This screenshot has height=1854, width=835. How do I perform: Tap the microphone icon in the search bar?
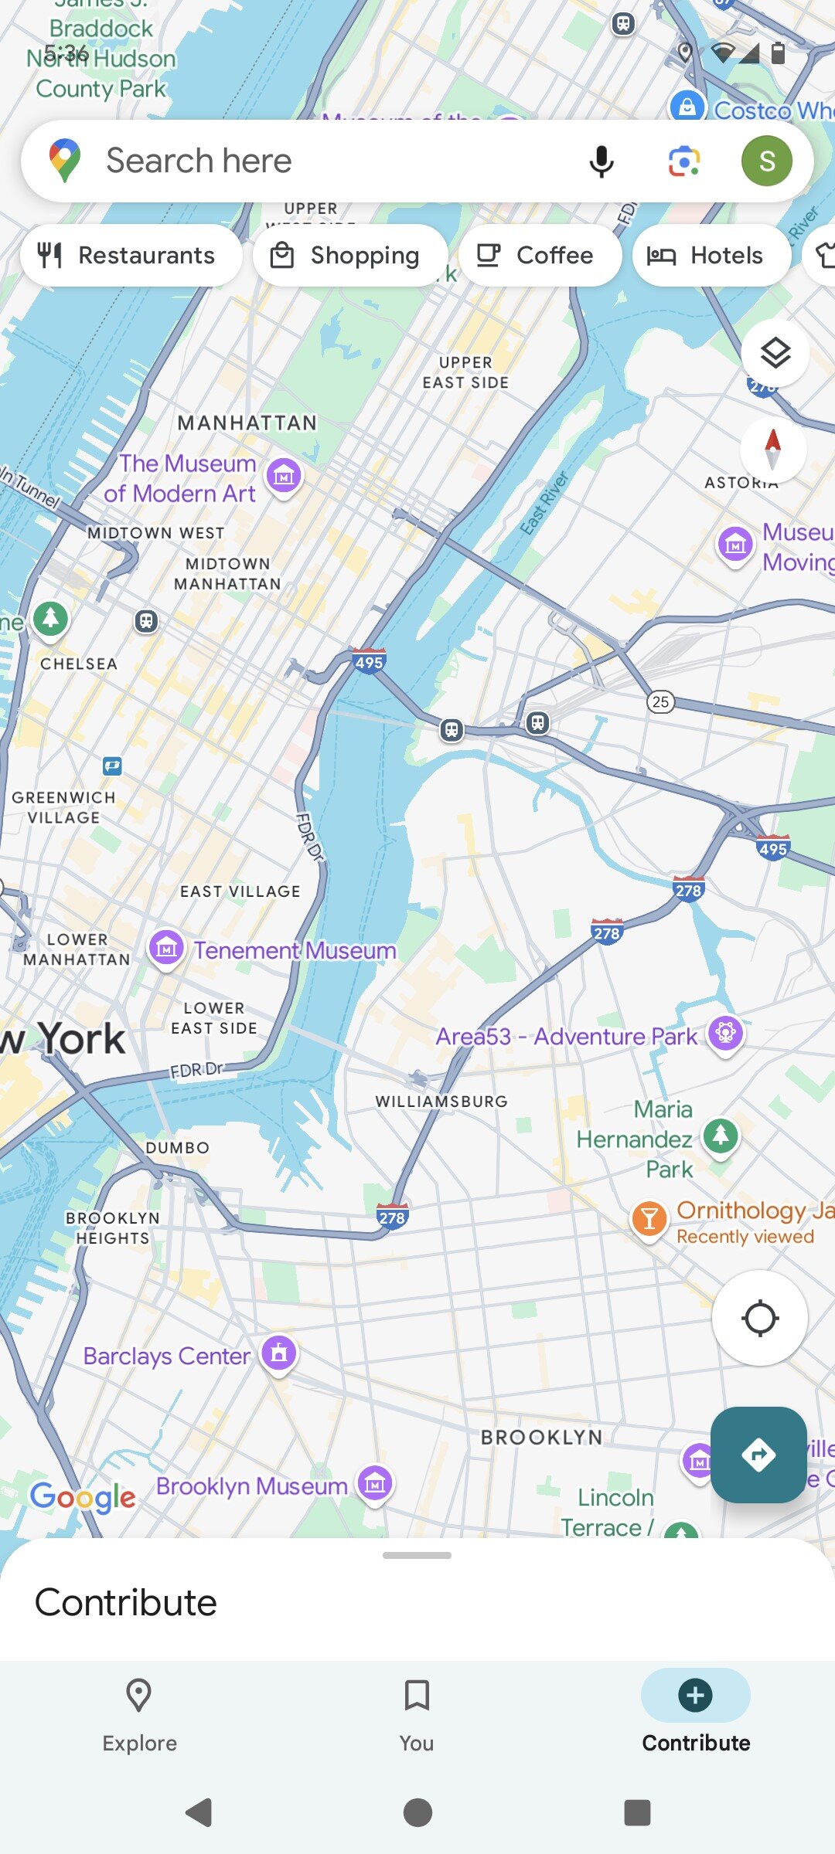tap(601, 161)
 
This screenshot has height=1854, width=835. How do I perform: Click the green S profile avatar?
tap(766, 161)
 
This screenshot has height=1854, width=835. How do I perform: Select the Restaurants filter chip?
tap(130, 256)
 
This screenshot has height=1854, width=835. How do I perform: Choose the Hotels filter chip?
tap(710, 256)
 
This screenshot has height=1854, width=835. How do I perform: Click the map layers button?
tap(775, 354)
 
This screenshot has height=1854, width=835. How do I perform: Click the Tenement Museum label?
tap(295, 950)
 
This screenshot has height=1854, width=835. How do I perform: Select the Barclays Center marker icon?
tap(279, 1353)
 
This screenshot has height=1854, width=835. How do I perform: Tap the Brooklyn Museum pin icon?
tap(375, 1483)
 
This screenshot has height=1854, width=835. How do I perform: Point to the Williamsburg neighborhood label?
tap(441, 1102)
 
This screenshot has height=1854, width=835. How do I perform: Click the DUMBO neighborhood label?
tap(178, 1148)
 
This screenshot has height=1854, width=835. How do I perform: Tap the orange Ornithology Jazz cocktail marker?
tap(649, 1219)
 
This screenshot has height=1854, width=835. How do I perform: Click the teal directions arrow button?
tap(758, 1455)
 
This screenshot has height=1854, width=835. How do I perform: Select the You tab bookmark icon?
tap(417, 1696)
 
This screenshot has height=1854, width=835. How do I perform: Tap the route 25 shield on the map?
tap(659, 701)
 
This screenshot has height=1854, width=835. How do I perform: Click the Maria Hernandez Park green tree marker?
tap(721, 1136)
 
